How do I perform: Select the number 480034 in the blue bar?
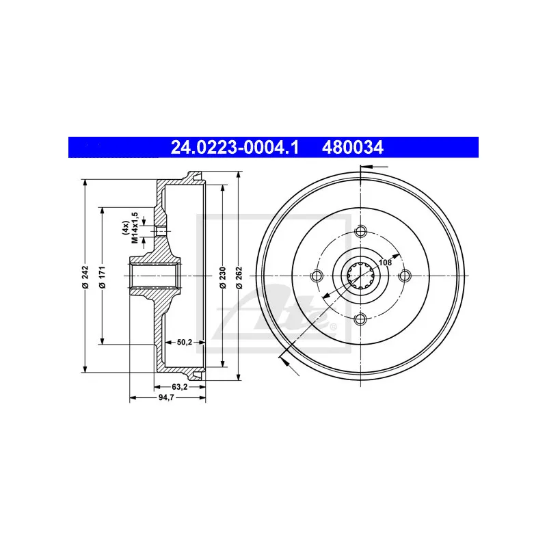click(x=353, y=147)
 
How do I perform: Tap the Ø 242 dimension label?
click(x=85, y=276)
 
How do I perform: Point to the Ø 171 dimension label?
click(x=102, y=276)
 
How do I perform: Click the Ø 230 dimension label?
click(x=224, y=276)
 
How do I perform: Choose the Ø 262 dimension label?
click(x=239, y=276)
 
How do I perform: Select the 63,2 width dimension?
click(x=180, y=386)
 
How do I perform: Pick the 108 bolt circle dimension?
click(x=385, y=262)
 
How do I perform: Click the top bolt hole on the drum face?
click(x=360, y=231)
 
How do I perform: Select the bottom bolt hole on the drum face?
click(x=360, y=320)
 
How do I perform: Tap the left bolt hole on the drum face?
click(x=316, y=276)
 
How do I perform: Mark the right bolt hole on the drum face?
click(x=405, y=276)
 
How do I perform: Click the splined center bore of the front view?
click(x=360, y=276)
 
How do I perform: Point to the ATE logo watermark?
click(x=301, y=308)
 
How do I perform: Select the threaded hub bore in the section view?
click(x=154, y=276)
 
